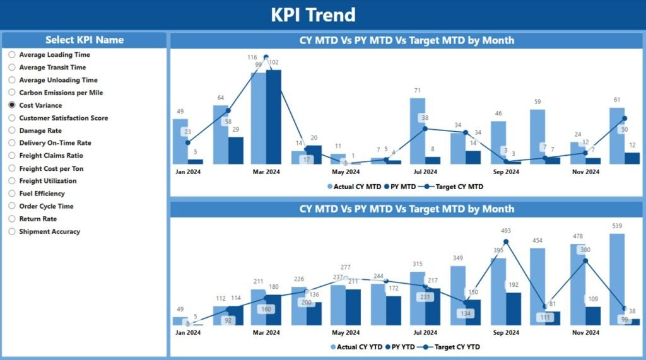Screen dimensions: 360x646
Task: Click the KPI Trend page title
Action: click(314, 15)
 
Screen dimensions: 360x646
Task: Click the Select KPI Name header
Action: click(84, 40)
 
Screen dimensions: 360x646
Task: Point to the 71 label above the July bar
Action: click(417, 91)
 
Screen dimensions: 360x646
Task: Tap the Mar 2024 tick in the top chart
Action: click(266, 171)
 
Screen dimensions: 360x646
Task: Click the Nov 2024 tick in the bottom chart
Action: click(585, 332)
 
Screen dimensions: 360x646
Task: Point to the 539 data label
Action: click(617, 226)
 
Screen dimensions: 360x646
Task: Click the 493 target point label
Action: click(506, 231)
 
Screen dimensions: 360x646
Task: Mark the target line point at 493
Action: click(506, 241)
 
